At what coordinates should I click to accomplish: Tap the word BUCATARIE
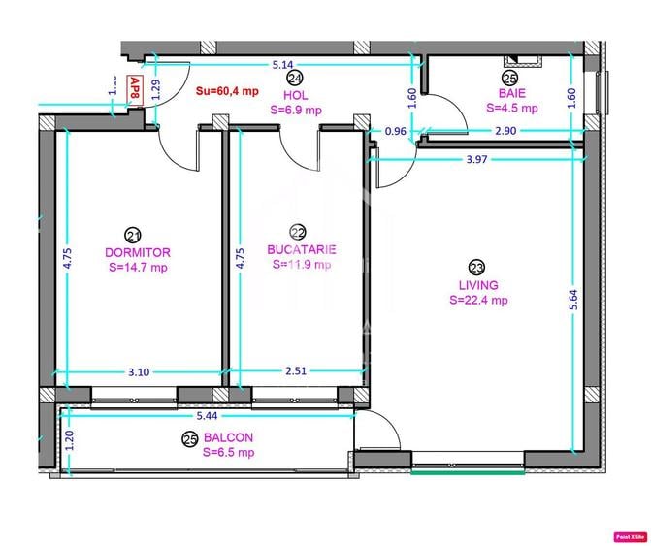(x=301, y=249)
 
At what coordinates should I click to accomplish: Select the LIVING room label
(x=478, y=285)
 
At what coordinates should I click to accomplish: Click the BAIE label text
(x=511, y=95)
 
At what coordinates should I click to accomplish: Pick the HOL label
(x=296, y=96)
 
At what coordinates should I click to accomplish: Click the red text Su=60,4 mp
(x=226, y=90)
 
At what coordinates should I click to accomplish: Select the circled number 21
(x=133, y=235)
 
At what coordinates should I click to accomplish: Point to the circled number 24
(x=295, y=79)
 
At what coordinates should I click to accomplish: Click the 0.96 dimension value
(x=396, y=131)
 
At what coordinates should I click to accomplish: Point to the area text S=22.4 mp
(x=478, y=301)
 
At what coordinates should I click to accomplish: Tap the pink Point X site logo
(x=630, y=535)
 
